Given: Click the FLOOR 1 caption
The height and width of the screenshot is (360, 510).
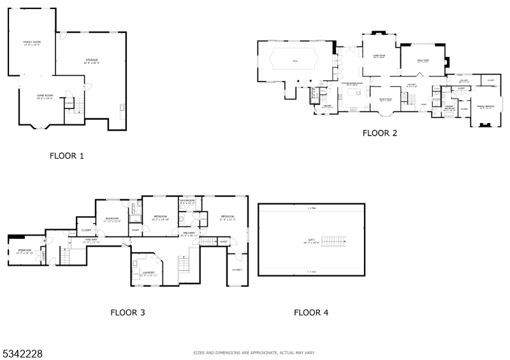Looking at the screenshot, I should pyautogui.click(x=66, y=155).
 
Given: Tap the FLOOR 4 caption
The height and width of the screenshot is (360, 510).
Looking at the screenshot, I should pyautogui.click(x=311, y=312).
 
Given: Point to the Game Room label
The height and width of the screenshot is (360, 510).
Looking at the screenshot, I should pyautogui.click(x=44, y=96).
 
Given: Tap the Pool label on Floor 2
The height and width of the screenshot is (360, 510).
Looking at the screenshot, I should pyautogui.click(x=295, y=61).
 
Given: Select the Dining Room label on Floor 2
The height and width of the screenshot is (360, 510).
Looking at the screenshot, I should pyautogui.click(x=385, y=99).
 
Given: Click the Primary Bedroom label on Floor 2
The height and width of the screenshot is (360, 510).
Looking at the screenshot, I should pyautogui.click(x=485, y=107).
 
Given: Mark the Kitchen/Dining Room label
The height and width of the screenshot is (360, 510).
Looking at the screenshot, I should pyautogui.click(x=352, y=83).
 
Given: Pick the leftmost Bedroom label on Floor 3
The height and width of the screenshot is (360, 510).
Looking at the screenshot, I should pyautogui.click(x=25, y=250).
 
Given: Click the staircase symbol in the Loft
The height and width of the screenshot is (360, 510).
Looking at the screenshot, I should pyautogui.click(x=331, y=241).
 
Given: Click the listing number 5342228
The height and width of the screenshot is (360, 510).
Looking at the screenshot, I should pyautogui.click(x=22, y=353).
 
